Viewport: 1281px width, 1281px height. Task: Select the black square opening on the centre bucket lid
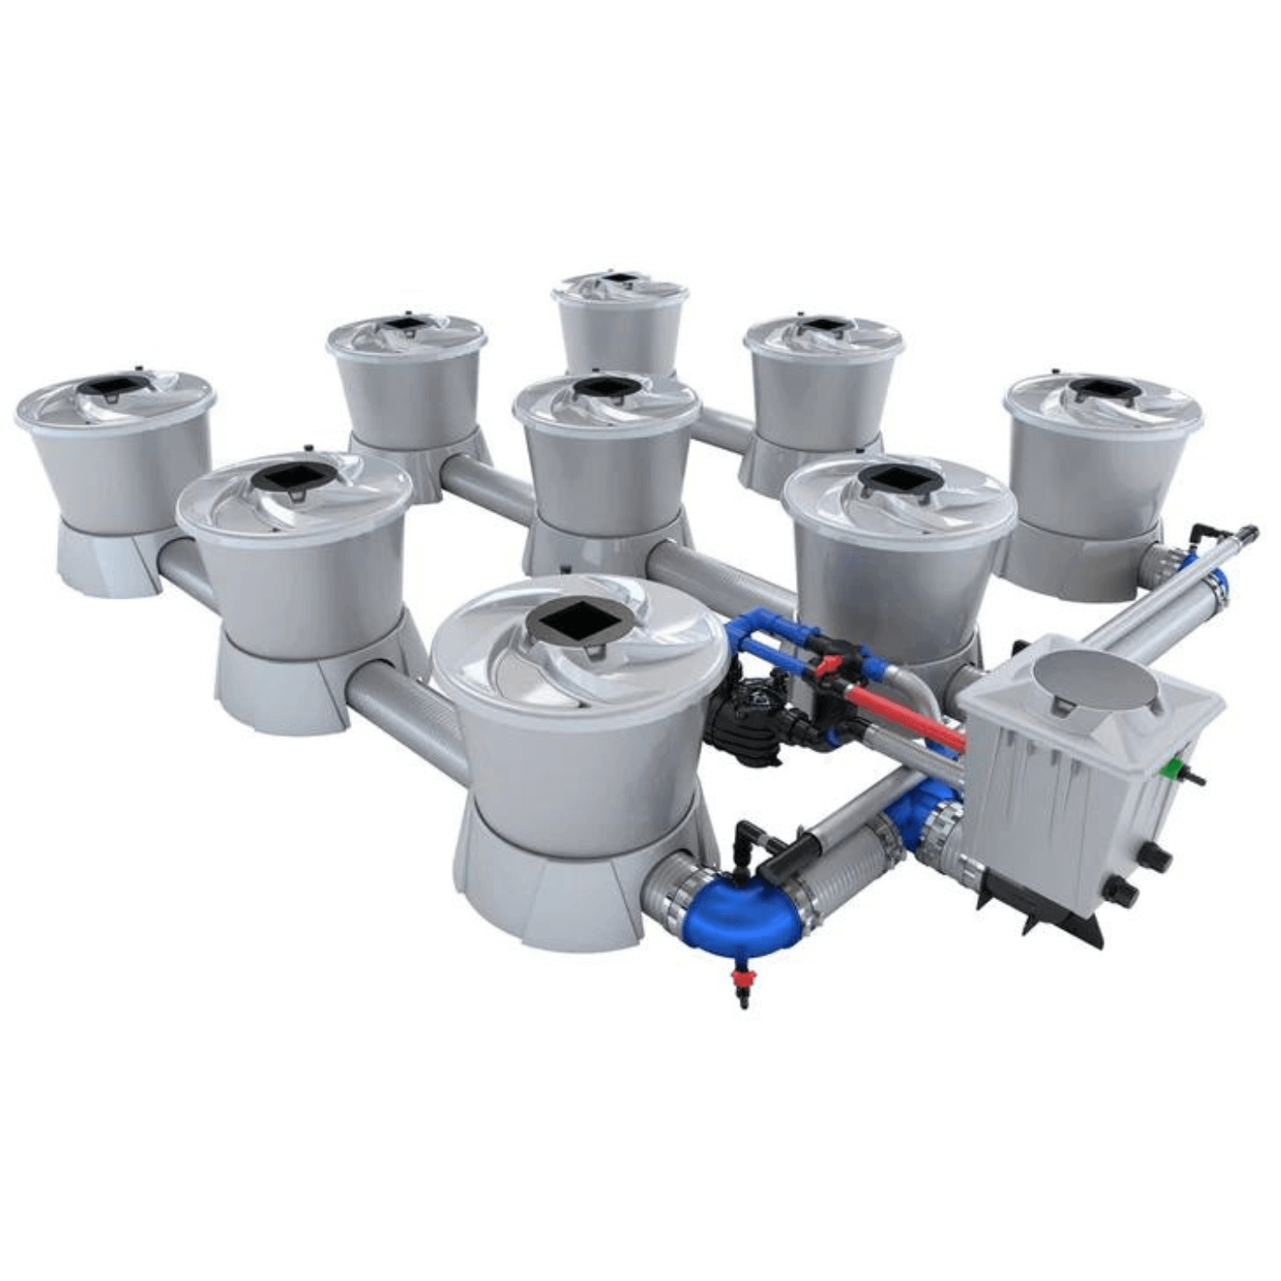pyautogui.click(x=606, y=389)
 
